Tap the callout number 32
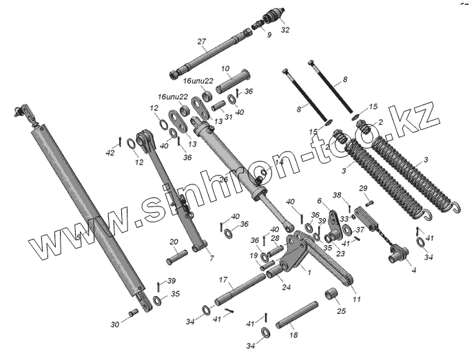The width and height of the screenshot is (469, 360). pos(285,30)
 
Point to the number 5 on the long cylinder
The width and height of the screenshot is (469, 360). pos(79,237)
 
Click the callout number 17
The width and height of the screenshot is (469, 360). pos(222,279)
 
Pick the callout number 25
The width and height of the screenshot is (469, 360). pos(340,311)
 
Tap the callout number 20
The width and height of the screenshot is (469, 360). pos(174,242)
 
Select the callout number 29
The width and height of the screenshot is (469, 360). pos(363,188)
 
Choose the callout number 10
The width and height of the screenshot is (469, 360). pos(225,69)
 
